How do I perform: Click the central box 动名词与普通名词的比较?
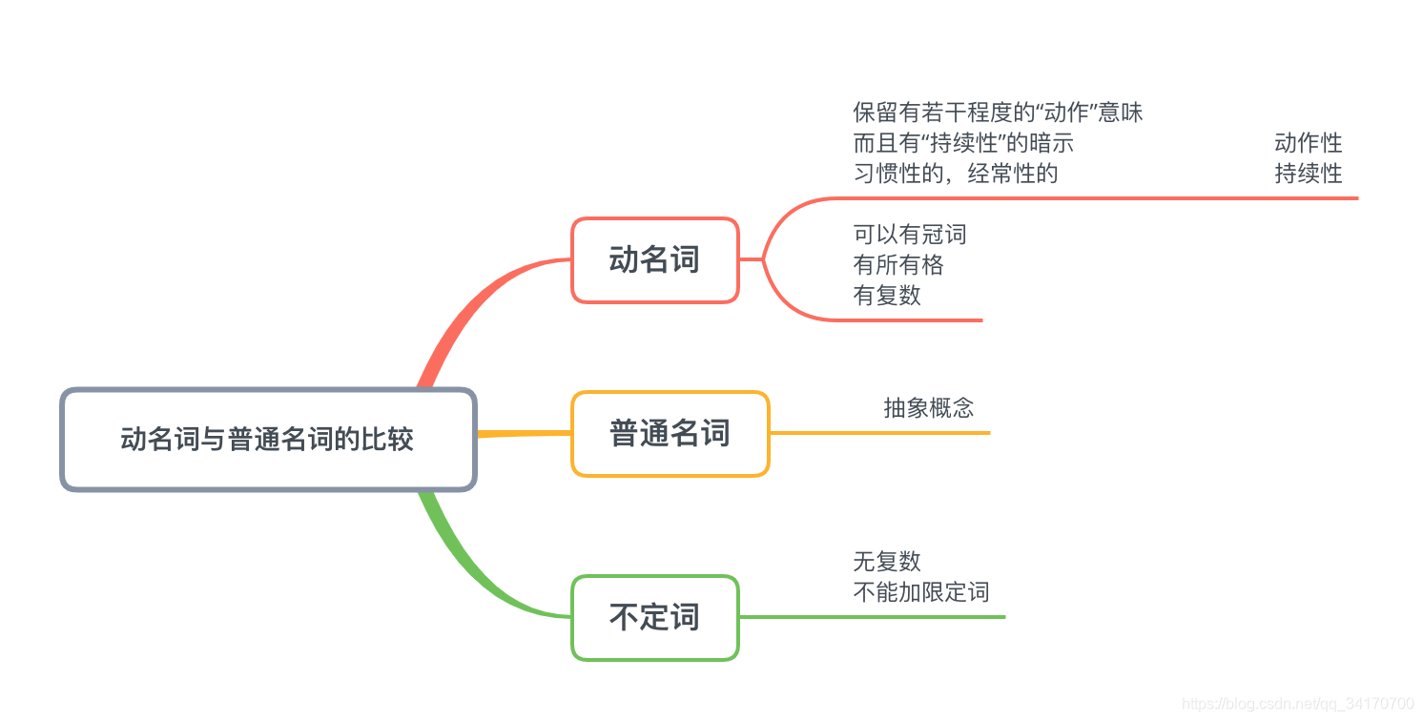(x=267, y=440)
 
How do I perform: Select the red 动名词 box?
(x=654, y=260)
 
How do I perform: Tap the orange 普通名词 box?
(x=670, y=434)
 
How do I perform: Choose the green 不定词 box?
(x=654, y=618)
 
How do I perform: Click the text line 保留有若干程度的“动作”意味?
(x=998, y=113)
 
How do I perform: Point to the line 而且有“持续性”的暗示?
(x=963, y=143)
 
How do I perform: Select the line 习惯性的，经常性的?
(x=956, y=174)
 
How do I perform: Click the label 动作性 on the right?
(x=1308, y=143)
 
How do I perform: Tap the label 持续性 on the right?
(x=1308, y=174)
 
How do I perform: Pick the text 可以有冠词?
(x=910, y=235)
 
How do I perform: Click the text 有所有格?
(x=898, y=265)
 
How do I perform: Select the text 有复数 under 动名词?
(x=887, y=296)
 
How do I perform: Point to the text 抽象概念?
(x=929, y=408)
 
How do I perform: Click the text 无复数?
(x=887, y=561)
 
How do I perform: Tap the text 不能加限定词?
(x=921, y=591)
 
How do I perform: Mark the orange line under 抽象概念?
(x=877, y=433)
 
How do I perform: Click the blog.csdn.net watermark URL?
(x=1297, y=704)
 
